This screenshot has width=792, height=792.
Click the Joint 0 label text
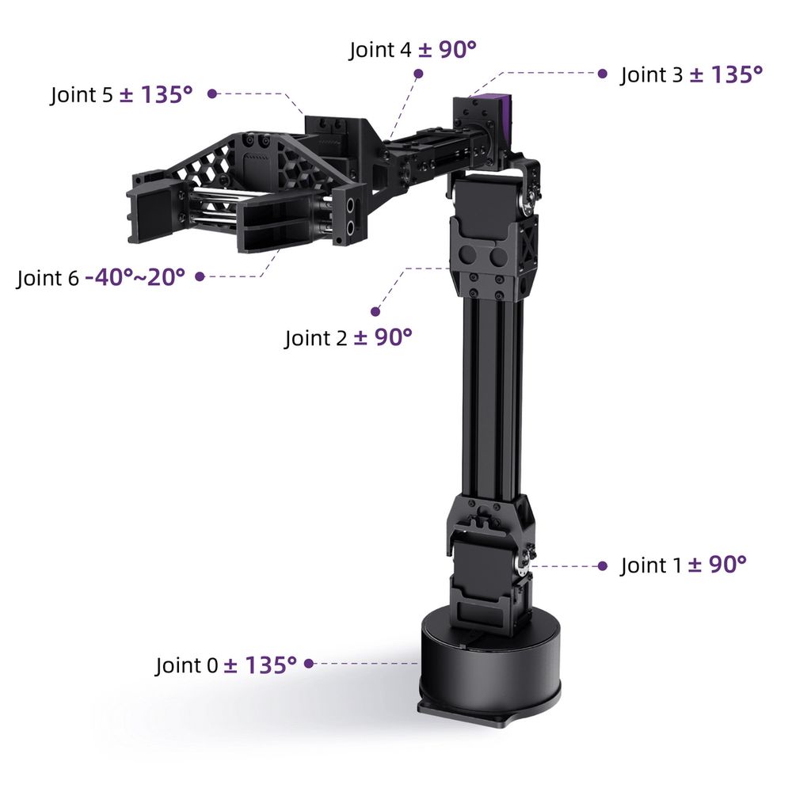(186, 665)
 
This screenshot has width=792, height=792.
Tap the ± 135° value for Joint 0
(260, 664)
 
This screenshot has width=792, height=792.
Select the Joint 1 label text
(651, 565)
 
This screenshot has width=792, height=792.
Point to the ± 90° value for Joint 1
(718, 565)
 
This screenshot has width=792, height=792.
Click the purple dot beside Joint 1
(602, 565)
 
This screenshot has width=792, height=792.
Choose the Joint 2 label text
(316, 338)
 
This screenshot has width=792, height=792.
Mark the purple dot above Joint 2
(375, 311)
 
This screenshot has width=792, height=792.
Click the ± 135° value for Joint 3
(726, 74)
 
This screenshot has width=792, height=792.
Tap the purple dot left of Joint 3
(602, 74)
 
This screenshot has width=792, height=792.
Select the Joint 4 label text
(380, 50)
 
